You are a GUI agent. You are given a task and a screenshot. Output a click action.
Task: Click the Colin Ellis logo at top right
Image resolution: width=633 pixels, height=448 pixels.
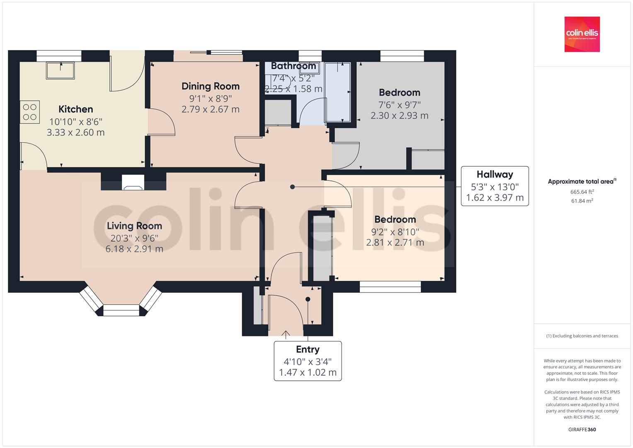pos(582,34)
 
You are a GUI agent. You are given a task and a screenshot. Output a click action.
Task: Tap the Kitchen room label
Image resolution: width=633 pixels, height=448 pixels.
pos(75,109)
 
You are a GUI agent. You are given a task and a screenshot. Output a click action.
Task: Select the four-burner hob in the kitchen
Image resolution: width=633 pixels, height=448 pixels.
pos(30,112)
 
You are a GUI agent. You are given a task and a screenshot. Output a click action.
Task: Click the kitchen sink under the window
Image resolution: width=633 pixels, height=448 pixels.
pos(61,70)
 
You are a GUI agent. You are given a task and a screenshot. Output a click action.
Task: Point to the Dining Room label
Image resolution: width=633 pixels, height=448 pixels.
pos(211,86)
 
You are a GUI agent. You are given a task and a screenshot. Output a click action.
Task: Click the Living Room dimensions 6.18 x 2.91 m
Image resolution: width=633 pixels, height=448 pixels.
pos(134,249)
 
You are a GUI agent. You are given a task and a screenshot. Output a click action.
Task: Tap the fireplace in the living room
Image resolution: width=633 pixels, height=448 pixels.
pos(133,183)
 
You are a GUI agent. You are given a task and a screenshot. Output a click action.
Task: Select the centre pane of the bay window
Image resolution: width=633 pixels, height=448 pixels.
pos(121,310)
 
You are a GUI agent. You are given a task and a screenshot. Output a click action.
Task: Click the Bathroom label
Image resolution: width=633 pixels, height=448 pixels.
pos(293,66)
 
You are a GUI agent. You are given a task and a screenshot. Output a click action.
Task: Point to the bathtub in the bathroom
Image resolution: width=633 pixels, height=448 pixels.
pos(338,92)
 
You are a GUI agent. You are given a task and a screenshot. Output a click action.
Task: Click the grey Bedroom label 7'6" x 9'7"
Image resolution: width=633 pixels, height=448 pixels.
pos(399,93)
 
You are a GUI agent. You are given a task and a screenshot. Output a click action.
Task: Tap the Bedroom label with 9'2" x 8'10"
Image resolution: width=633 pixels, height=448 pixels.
pos(395,219)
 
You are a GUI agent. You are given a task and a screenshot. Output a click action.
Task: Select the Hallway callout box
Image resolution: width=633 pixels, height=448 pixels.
pos(495,186)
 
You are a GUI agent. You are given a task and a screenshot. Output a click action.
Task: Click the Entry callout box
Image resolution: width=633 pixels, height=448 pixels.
pos(308,361)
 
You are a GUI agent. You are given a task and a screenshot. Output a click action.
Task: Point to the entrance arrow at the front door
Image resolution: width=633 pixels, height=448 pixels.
pos(286,334)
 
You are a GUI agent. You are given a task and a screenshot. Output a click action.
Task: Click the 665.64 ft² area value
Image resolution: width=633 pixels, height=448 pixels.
pos(582,192)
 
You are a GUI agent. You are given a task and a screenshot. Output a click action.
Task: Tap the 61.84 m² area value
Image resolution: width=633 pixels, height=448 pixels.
pos(582,201)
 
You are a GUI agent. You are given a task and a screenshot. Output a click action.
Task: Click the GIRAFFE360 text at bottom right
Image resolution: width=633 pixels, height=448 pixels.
pos(582,429)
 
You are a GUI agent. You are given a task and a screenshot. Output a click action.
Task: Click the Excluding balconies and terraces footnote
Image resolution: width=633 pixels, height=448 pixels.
pos(582,336)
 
